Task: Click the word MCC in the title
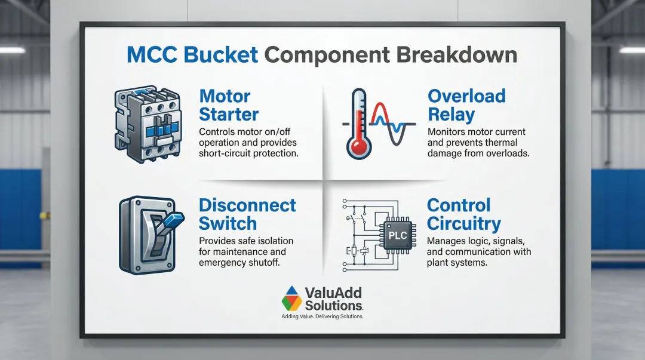pyautogui.click(x=152, y=55)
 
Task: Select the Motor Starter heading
pyautogui.click(x=229, y=105)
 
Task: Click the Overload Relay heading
pyautogui.click(x=466, y=105)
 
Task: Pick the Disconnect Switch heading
pyautogui.click(x=247, y=214)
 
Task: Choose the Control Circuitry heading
pyautogui.click(x=463, y=214)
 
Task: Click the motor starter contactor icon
pyautogui.click(x=148, y=124)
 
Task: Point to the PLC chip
pyautogui.click(x=397, y=236)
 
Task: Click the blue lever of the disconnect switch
pyautogui.click(x=173, y=220)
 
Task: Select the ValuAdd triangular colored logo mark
pyautogui.click(x=291, y=299)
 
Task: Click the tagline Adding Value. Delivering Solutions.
pyautogui.click(x=322, y=316)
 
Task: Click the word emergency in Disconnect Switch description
pyautogui.click(x=217, y=263)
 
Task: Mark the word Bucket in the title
pyautogui.click(x=221, y=55)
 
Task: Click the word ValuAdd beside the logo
pyautogui.click(x=333, y=293)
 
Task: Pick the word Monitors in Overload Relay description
pyautogui.click(x=445, y=132)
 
